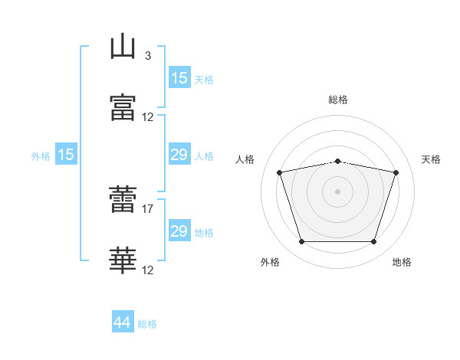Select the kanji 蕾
(123, 200)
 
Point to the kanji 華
(123, 260)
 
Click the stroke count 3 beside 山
(147, 56)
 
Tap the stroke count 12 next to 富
(148, 117)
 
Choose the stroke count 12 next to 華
(148, 270)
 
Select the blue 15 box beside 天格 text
(179, 77)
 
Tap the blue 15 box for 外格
(66, 155)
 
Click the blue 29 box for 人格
(179, 155)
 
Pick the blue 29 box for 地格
(179, 231)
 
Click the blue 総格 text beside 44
(147, 324)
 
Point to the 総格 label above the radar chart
(338, 100)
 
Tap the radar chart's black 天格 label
(432, 159)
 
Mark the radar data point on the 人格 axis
(280, 172)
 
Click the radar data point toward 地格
(373, 242)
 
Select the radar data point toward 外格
(301, 242)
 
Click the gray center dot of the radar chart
(337, 191)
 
